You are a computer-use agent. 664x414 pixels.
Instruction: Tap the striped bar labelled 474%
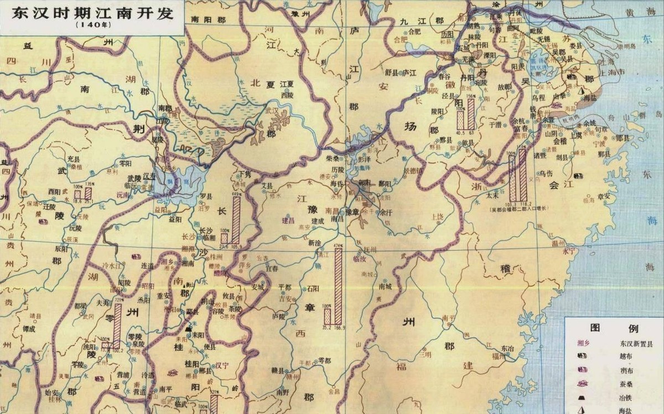338,285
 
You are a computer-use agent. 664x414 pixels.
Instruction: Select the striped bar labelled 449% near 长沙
236,220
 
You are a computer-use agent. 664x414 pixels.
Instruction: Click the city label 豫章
352,211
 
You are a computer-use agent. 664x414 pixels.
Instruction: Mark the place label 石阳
313,288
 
